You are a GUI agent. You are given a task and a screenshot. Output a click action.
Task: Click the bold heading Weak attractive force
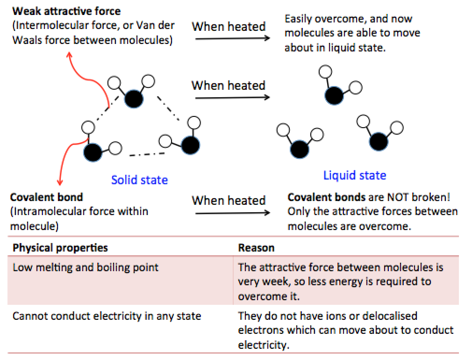tap(67, 11)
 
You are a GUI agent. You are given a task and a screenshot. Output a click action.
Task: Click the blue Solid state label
tap(139, 180)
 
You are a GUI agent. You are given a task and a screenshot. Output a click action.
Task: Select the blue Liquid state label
tap(355, 176)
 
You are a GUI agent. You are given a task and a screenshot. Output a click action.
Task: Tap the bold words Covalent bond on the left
tap(46, 197)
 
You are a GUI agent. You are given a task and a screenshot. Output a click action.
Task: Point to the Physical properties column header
tap(60, 247)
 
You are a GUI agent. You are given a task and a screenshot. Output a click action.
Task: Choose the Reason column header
tap(256, 248)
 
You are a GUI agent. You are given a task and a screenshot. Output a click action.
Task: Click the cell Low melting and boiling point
tap(86, 268)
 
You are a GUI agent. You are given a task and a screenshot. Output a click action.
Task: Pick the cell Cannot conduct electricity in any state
tap(107, 316)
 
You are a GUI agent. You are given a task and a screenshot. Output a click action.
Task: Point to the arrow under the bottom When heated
tap(232, 213)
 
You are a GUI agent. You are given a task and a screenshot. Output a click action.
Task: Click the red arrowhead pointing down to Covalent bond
tap(59, 183)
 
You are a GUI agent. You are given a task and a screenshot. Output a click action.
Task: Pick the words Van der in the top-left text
tap(150, 25)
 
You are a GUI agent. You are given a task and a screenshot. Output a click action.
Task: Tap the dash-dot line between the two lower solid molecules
tap(147, 153)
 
